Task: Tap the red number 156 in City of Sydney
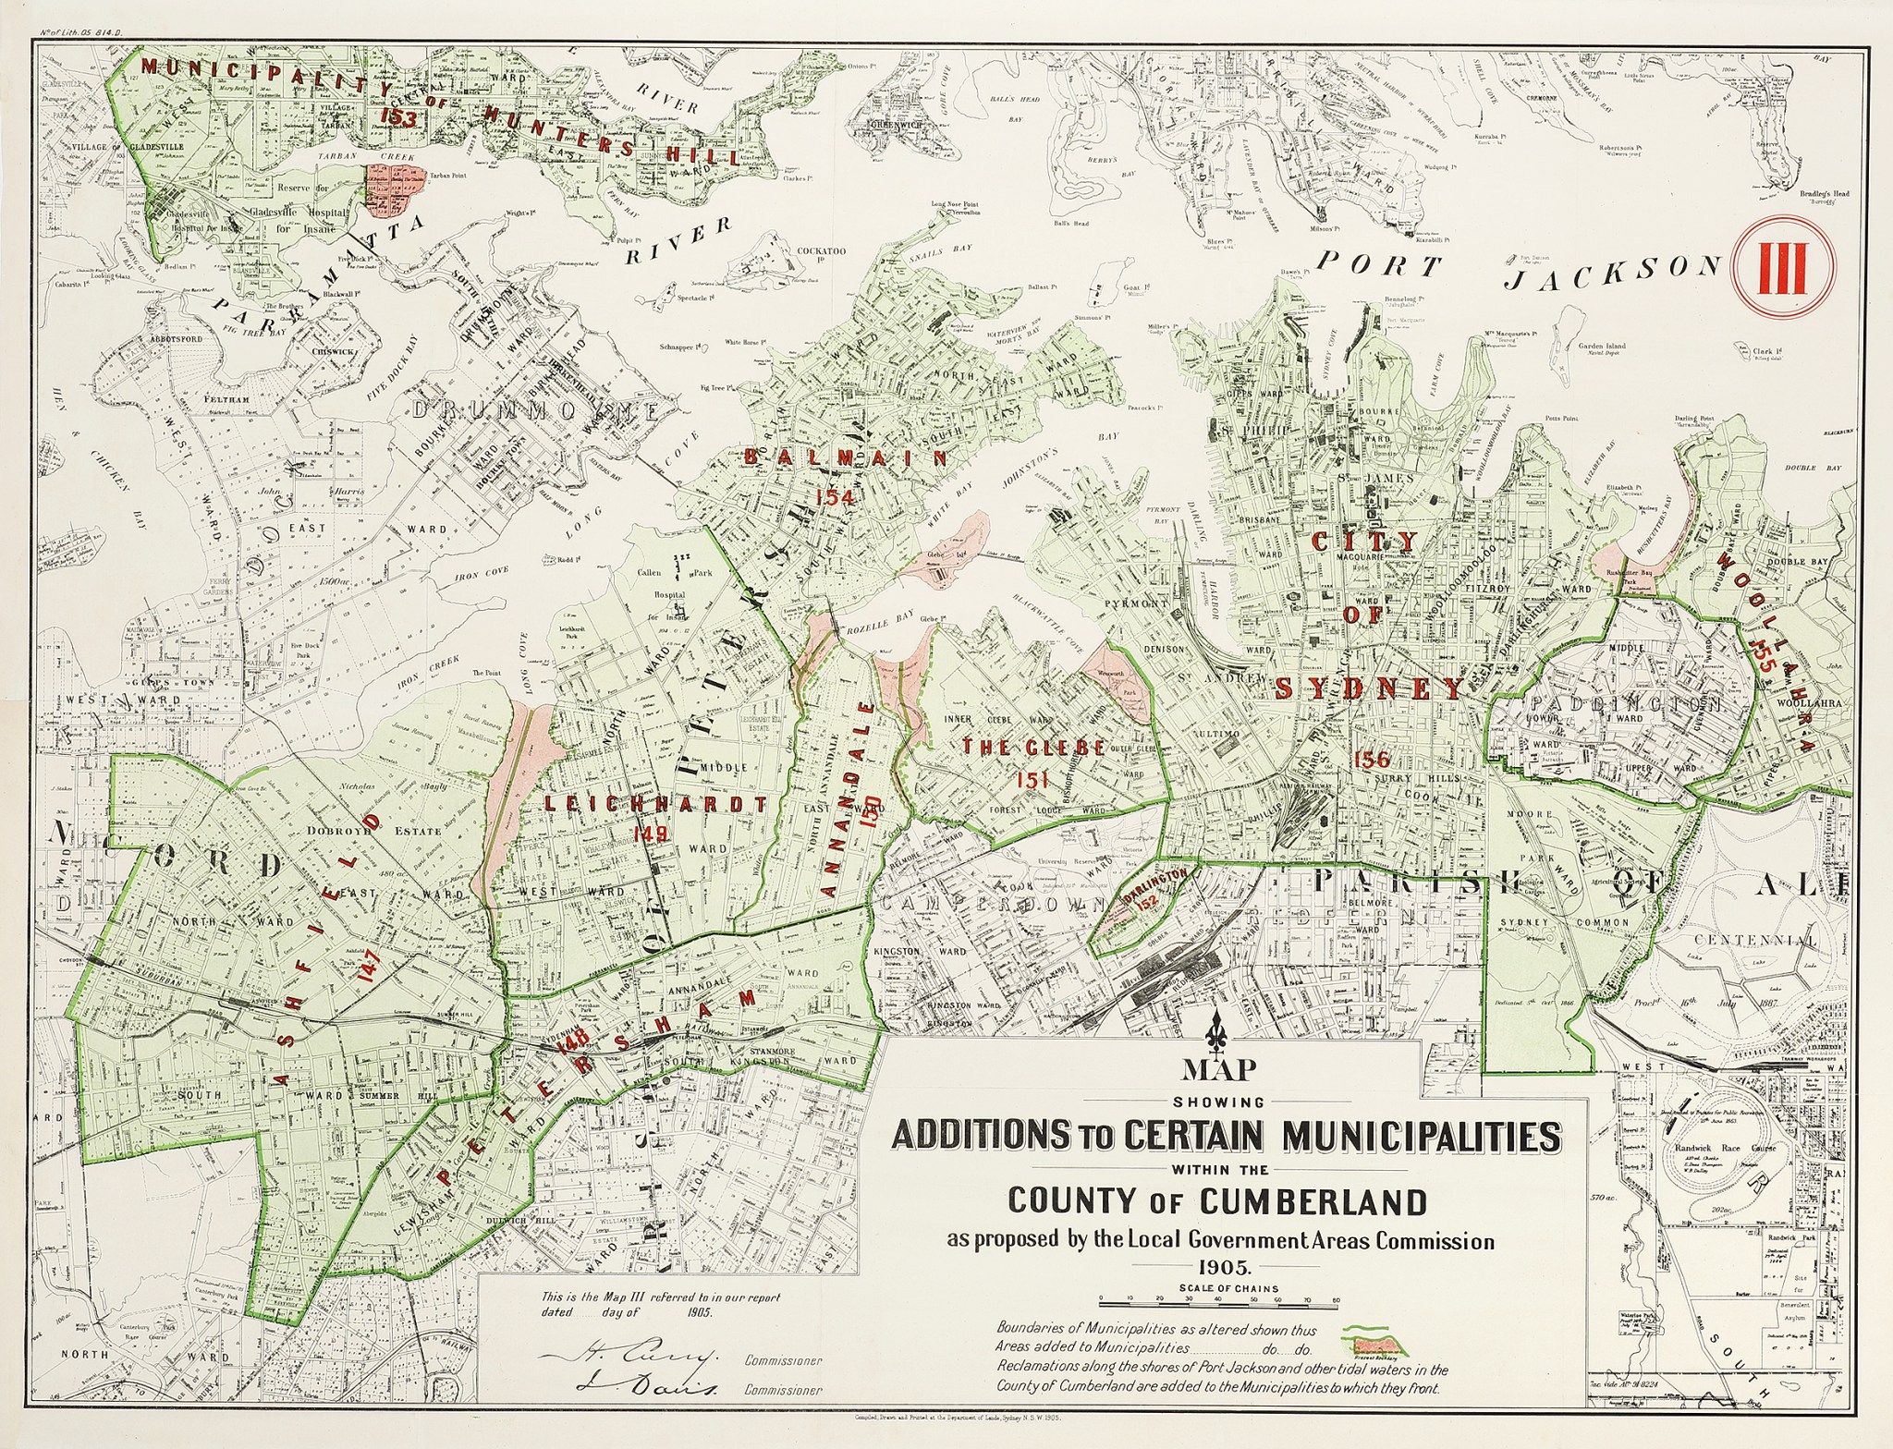pyautogui.click(x=1371, y=760)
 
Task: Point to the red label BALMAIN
pyautogui.click(x=846, y=457)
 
